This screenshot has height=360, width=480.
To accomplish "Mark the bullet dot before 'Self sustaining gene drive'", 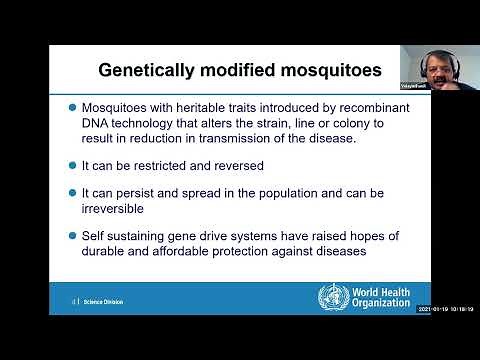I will click(x=71, y=236).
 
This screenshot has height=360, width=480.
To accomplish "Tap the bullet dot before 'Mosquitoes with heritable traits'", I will click(x=71, y=107).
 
